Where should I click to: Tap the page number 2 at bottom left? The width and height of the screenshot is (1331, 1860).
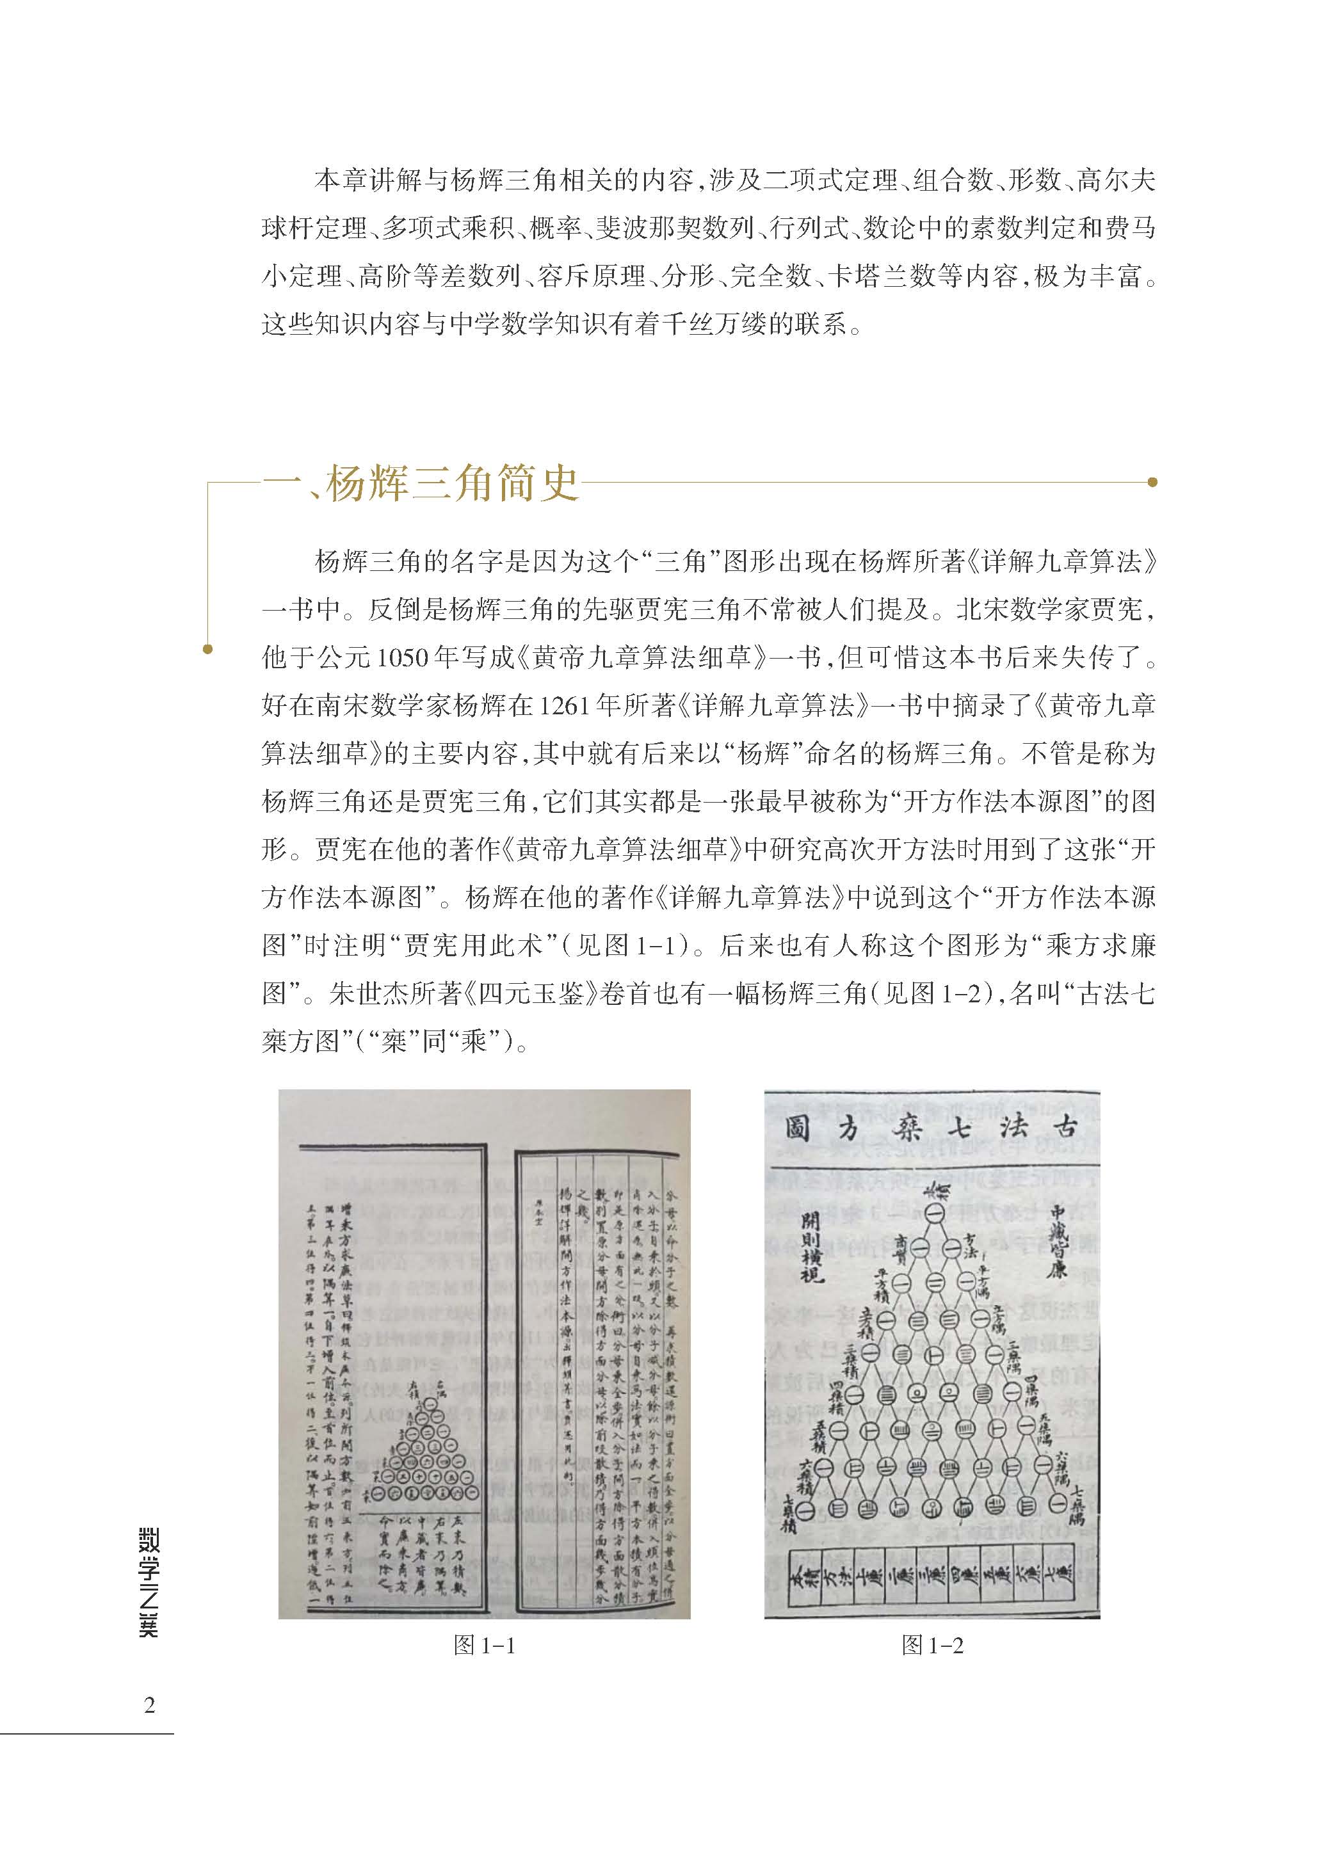[149, 1705]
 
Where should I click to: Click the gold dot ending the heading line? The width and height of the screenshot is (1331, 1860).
[1152, 483]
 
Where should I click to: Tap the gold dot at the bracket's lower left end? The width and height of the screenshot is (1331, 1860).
[207, 650]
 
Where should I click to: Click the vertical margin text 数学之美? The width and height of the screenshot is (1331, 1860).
[149, 1582]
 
